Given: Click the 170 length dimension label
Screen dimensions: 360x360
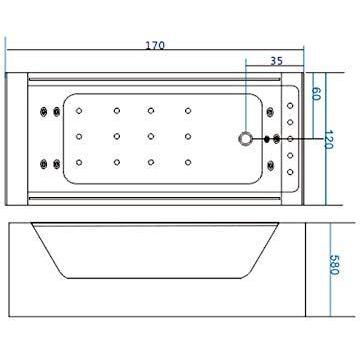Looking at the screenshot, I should (154, 46).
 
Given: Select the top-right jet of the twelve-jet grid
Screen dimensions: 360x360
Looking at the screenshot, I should (187, 110).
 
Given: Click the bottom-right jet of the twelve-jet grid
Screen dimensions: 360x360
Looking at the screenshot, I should (187, 161).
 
